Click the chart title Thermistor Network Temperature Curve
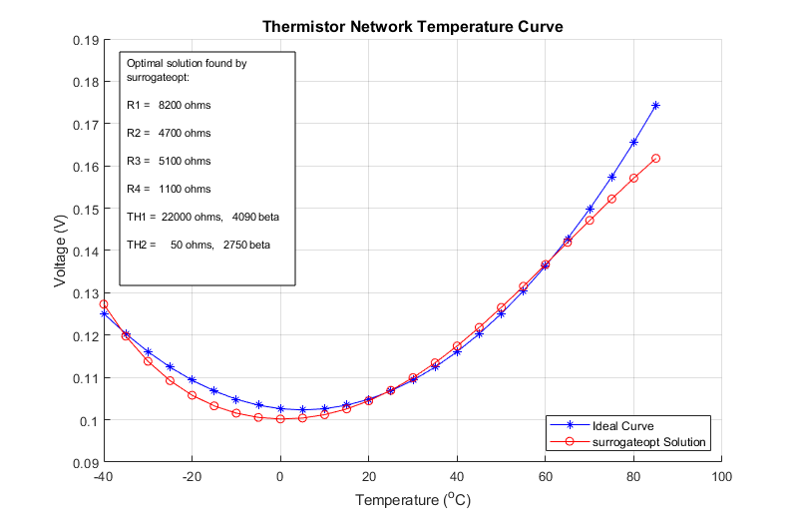pos(412,27)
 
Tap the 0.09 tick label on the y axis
pos(84,463)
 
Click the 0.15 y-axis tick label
pos(84,210)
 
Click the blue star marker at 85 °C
pos(655,105)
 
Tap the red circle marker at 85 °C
pos(655,159)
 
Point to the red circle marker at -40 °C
pos(104,304)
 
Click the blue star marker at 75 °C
pos(611,178)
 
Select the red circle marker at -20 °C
pos(192,395)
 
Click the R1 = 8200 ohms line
pos(169,105)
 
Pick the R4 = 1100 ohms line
pos(169,189)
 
